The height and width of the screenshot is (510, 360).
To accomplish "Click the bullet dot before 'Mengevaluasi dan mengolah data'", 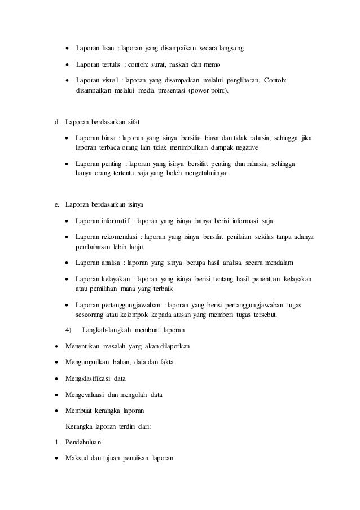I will tap(57, 394).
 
